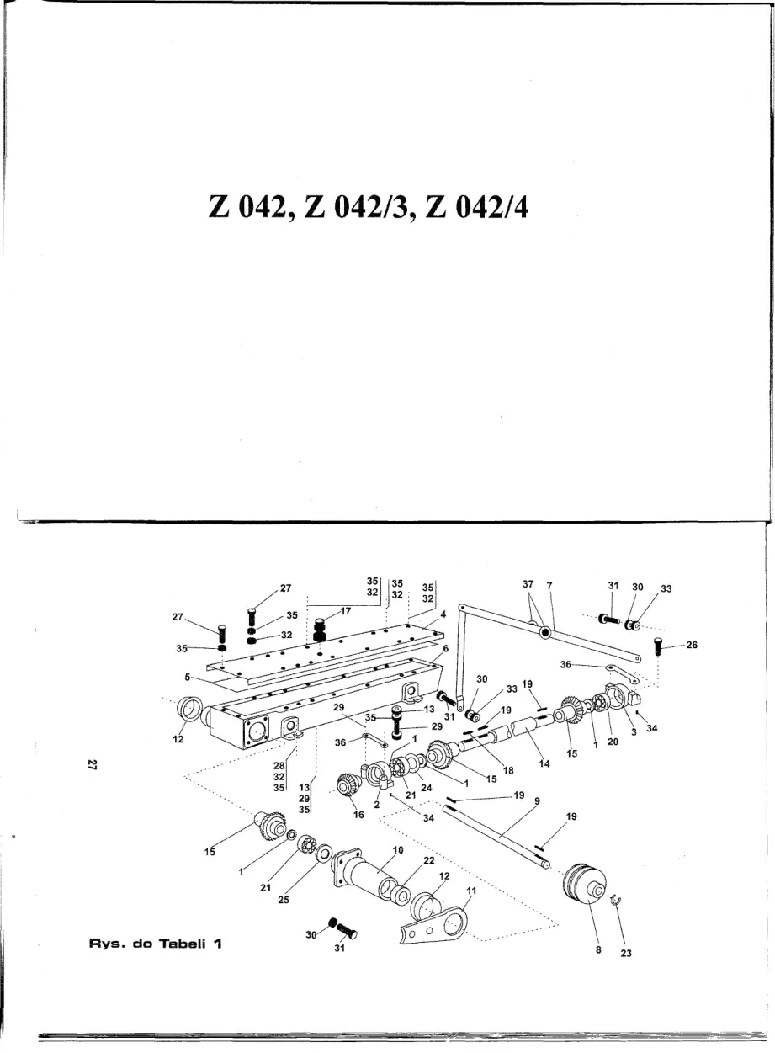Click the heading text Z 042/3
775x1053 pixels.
(x=359, y=207)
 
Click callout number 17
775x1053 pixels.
(x=346, y=611)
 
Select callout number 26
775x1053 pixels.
(x=692, y=645)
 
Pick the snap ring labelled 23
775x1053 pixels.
(x=616, y=900)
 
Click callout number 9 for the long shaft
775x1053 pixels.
(x=537, y=801)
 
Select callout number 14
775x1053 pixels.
(x=544, y=764)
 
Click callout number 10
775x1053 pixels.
(x=398, y=850)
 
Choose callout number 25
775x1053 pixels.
(x=284, y=900)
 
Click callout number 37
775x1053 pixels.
(x=528, y=584)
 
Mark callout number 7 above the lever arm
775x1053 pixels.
(x=549, y=586)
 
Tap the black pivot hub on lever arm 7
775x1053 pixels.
(x=545, y=633)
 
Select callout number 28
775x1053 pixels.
(x=279, y=766)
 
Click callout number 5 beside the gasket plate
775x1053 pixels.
(x=188, y=678)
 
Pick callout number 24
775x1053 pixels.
(x=427, y=788)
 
